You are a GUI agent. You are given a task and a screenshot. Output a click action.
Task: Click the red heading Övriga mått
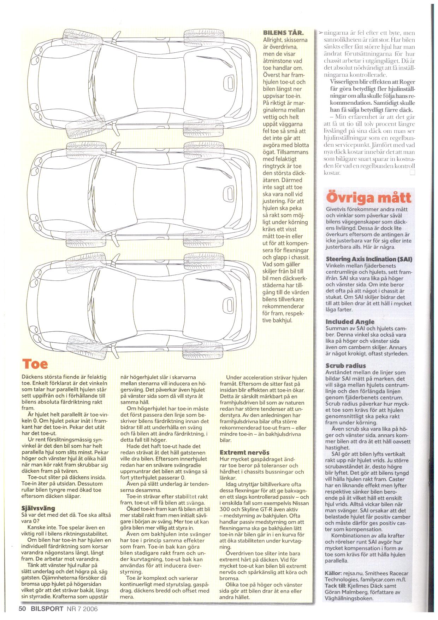click(x=368, y=198)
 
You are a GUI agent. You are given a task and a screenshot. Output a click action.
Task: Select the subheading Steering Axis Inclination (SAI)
click(x=369, y=259)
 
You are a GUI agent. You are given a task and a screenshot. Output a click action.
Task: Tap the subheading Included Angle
click(x=350, y=321)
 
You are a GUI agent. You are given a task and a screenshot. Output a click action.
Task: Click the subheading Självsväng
click(x=39, y=508)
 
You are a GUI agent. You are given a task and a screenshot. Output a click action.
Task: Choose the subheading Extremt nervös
click(x=244, y=452)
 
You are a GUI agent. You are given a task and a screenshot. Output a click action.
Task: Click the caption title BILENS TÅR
click(x=283, y=33)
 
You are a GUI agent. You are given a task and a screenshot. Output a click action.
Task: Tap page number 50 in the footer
click(x=23, y=609)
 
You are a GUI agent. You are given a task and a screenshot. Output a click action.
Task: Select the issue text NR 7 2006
click(x=82, y=609)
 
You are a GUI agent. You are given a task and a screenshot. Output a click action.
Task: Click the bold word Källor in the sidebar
click(x=333, y=573)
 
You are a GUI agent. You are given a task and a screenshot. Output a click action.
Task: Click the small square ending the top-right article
click(x=412, y=173)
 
